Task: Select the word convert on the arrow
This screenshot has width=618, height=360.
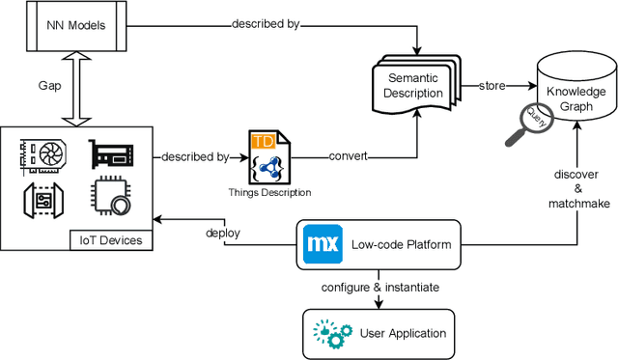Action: tap(348, 155)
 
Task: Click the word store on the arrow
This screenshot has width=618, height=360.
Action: tap(492, 86)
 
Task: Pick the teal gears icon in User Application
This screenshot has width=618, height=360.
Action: tap(330, 332)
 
